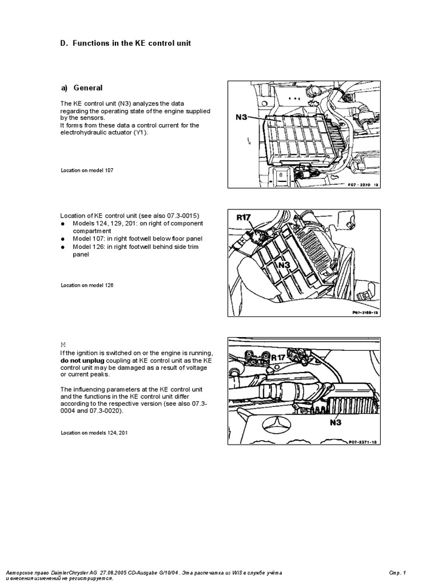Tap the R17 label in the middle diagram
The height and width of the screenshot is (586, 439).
pos(244,217)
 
